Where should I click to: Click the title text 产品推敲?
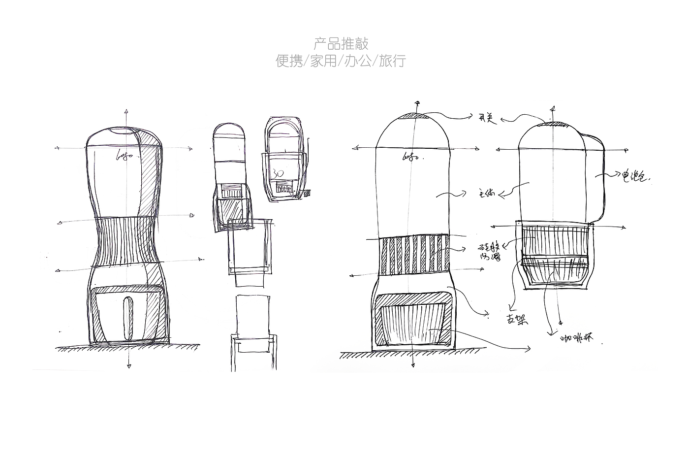pos(341,44)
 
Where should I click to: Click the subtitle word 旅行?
pos(392,61)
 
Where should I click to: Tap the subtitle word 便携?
pos(289,61)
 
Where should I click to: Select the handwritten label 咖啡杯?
pos(577,338)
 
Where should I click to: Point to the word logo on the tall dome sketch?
pos(411,157)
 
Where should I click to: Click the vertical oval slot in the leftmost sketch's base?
pos(128,318)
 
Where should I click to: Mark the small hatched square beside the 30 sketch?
pos(308,193)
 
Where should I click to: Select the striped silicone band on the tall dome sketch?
pos(414,255)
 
